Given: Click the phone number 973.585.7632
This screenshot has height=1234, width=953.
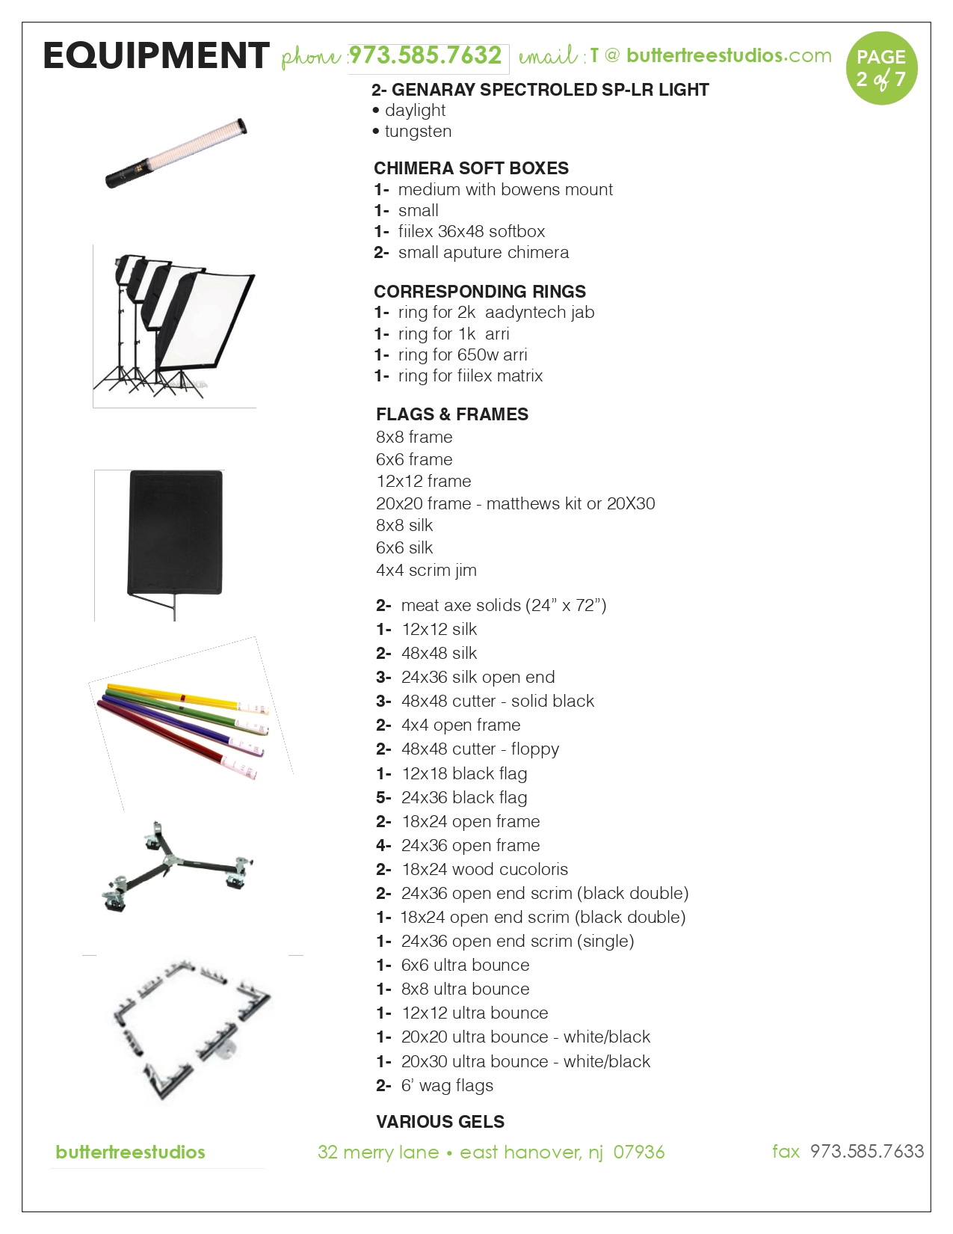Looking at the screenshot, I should click(425, 56).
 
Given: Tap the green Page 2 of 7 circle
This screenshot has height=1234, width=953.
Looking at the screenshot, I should click(881, 68).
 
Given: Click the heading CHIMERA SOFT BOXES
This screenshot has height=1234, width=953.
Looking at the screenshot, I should click(471, 168).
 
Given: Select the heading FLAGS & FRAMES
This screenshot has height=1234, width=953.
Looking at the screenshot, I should click(452, 414).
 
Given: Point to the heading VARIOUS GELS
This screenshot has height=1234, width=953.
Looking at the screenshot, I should click(440, 1122).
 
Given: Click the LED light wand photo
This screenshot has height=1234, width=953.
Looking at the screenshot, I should click(176, 153).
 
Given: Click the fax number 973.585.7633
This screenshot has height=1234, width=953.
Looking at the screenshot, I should click(867, 1151).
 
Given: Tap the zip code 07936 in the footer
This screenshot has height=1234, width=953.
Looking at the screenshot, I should click(639, 1152).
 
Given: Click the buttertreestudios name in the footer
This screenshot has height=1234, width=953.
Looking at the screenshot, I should click(131, 1152).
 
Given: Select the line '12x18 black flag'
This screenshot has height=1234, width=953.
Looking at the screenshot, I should click(463, 773).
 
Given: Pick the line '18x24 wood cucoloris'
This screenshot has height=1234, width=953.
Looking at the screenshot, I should click(484, 869).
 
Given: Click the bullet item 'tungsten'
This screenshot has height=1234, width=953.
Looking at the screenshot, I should click(418, 132).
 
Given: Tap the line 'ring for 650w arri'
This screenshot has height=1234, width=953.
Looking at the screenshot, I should click(462, 354).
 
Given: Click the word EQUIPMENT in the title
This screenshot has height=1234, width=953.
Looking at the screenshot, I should click(156, 56).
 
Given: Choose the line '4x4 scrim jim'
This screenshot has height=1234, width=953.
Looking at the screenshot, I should click(426, 570).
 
